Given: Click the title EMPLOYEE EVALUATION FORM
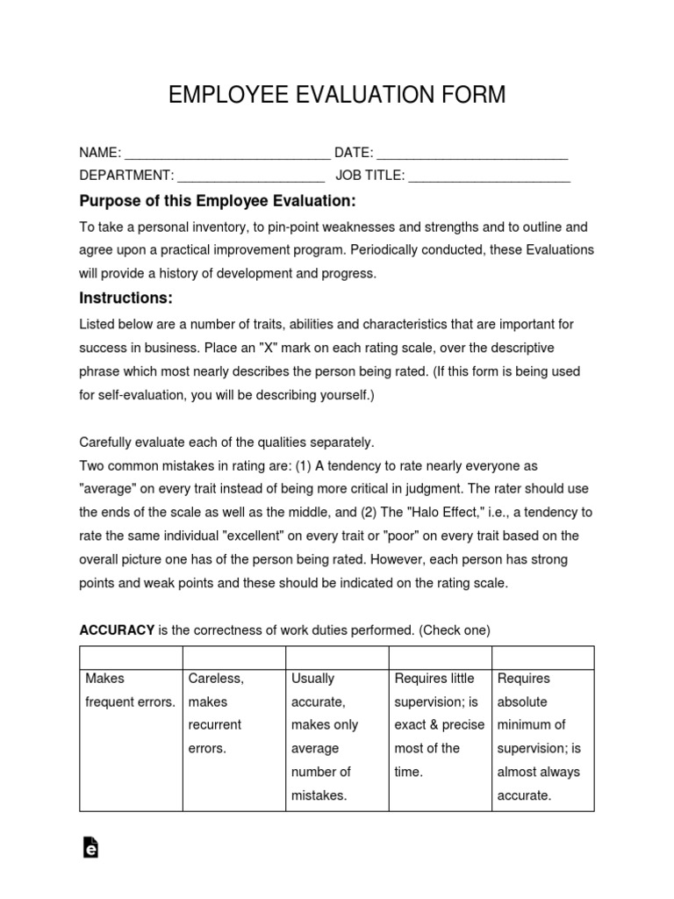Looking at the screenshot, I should coord(337,95).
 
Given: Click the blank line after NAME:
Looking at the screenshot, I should coord(226,155).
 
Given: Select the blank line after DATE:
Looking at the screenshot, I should coord(472,155).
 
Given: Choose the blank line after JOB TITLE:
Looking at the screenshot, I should coord(489,176).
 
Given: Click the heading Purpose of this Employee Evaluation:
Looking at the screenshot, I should coord(218,201).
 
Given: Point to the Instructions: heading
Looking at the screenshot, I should coord(126,298).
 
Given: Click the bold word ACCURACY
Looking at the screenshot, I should coord(117,630).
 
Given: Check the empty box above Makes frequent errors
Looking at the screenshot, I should coord(131,657).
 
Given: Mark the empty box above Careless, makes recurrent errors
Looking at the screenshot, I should coord(233,657).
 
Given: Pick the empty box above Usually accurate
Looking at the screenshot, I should coord(337,657).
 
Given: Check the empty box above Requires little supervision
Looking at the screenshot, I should coord(440,657).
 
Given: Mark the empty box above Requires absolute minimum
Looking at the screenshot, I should coord(542,657).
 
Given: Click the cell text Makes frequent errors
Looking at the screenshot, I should coord(130,690).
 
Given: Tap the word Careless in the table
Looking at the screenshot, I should coord(216,679).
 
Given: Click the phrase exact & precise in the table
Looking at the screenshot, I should coord(439,725).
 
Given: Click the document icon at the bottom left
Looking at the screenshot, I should coord(90,847).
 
